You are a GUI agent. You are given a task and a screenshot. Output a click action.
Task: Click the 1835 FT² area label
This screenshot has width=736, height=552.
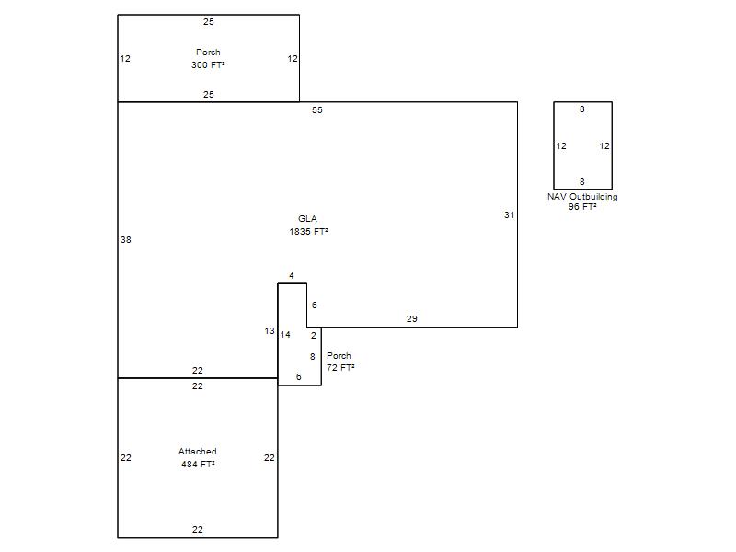[x=308, y=231]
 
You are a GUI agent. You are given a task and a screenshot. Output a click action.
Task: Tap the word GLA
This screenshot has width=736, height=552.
[x=307, y=218]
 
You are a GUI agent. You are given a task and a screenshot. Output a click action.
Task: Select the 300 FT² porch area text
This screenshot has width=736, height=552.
[x=208, y=64]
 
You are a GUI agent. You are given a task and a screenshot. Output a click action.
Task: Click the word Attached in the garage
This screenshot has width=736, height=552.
[x=198, y=451]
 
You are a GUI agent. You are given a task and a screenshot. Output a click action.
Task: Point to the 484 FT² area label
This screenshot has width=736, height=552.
[x=198, y=464]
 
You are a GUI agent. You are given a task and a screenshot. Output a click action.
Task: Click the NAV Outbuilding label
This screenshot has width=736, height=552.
[x=582, y=197]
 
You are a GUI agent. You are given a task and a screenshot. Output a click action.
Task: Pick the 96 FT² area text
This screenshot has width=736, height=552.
[x=582, y=206]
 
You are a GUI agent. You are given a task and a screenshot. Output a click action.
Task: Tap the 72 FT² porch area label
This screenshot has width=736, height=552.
[x=340, y=367]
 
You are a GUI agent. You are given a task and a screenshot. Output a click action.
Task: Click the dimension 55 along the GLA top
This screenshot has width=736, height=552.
[x=317, y=109]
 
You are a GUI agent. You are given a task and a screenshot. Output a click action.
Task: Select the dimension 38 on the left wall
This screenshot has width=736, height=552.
[x=126, y=239]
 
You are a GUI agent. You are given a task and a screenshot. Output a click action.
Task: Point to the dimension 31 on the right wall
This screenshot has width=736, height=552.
[x=510, y=214]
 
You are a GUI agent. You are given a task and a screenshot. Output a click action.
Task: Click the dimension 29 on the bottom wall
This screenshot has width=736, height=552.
[x=411, y=318]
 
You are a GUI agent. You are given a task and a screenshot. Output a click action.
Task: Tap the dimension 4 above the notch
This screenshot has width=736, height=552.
[x=292, y=275]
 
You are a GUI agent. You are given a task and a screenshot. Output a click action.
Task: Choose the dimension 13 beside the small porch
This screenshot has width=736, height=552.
[x=270, y=331]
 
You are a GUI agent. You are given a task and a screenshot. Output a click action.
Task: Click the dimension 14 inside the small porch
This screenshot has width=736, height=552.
[x=285, y=334]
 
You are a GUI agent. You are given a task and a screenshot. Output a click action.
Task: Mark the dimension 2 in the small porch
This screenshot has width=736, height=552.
[x=314, y=335]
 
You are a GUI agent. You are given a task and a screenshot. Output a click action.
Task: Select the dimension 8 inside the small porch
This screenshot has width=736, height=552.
[x=313, y=357]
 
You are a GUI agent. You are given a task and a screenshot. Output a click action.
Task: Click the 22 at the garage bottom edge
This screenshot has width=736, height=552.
[x=198, y=530]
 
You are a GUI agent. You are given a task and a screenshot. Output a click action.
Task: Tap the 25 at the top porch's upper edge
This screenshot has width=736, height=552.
[x=209, y=21]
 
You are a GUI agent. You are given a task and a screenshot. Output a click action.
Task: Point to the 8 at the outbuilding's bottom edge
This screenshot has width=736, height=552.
[x=582, y=181]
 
